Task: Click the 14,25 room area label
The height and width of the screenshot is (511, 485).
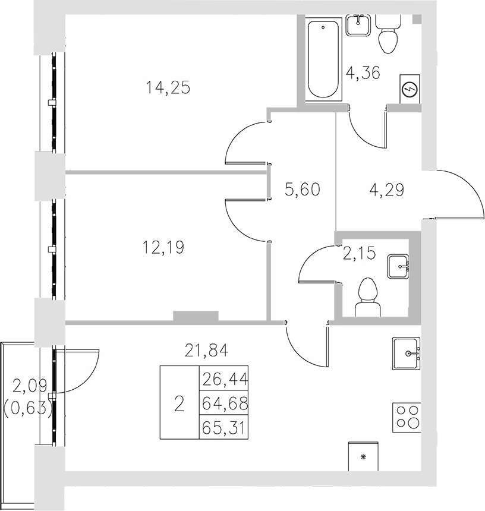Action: [168, 88]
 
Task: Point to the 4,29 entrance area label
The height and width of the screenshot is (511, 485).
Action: [386, 190]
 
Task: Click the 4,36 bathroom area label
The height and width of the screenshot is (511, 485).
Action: [363, 74]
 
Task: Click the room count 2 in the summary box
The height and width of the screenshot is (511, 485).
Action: [179, 404]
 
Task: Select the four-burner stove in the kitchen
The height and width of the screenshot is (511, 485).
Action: [407, 418]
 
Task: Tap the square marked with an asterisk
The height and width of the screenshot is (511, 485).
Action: [363, 456]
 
